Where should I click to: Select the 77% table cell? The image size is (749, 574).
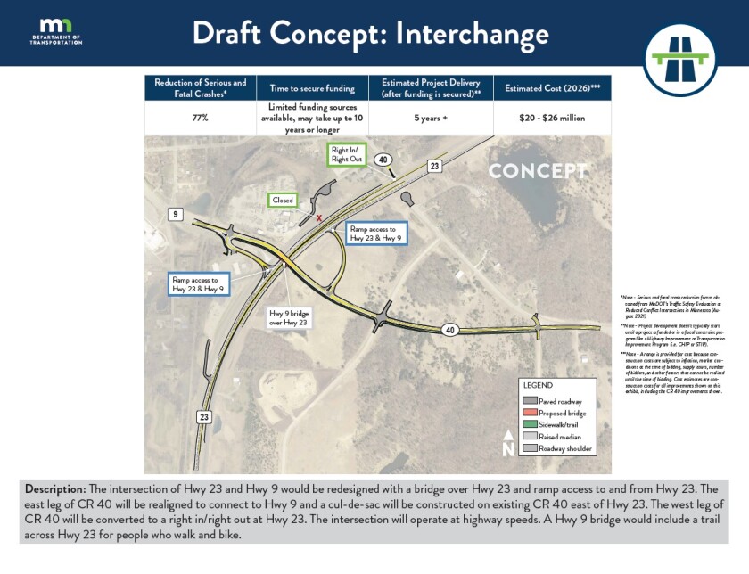coord(200,117)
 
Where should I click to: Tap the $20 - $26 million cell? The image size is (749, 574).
coord(552,117)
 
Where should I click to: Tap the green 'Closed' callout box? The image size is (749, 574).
coord(283,201)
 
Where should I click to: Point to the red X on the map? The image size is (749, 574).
coord(319,217)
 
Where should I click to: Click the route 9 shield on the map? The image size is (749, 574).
coord(177,214)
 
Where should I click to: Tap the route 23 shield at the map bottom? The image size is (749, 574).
coord(204,417)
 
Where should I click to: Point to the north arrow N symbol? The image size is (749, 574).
coord(507,443)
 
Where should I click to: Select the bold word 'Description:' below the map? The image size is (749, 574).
coord(55,489)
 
